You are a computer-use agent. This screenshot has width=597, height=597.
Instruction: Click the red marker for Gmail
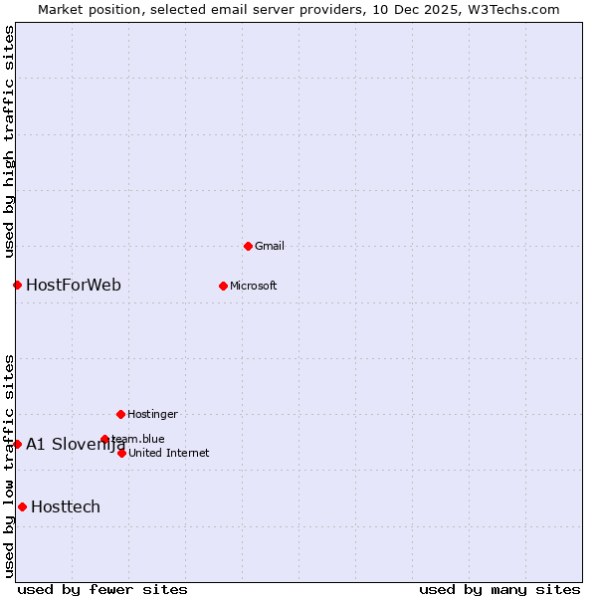pos(248,246)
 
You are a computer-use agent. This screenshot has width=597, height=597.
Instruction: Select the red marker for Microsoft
pos(223,286)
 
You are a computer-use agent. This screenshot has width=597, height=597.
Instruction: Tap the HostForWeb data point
pos(17,286)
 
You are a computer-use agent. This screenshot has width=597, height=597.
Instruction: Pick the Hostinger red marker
pos(120,414)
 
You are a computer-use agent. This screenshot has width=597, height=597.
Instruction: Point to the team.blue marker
pos(104,439)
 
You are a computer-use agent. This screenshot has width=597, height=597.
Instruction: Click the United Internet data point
pos(121,453)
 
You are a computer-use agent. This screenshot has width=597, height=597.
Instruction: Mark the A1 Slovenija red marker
pos(17,444)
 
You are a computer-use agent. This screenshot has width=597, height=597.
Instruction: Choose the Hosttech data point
pos(22,507)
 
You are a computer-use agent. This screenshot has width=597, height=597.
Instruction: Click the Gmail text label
pos(271,246)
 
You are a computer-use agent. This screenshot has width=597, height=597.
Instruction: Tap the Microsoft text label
pos(254,286)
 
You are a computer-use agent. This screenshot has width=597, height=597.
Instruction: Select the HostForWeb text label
pos(74,286)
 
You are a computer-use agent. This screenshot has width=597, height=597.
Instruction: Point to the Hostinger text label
pos(152,414)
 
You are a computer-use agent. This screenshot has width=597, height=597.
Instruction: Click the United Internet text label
pos(169,453)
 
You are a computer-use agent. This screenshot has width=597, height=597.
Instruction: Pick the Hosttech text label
pos(66,507)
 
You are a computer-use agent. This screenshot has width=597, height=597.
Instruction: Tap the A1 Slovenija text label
pos(76,444)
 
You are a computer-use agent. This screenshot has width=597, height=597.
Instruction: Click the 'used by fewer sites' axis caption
pos(102,589)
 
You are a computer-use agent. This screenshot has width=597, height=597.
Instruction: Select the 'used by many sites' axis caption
pos(499,589)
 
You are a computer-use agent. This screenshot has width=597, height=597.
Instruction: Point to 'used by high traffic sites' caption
pos(9,141)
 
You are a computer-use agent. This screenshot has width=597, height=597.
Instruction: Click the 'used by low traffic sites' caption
pos(9,466)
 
